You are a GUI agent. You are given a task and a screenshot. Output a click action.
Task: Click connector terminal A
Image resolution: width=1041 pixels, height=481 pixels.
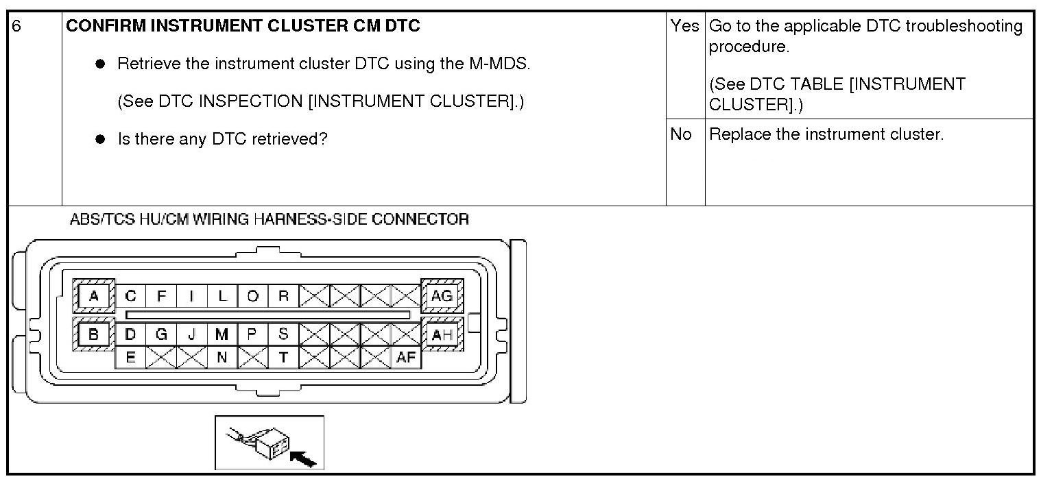point(94,296)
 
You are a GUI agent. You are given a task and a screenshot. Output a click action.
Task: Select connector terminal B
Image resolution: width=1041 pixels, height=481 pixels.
point(94,335)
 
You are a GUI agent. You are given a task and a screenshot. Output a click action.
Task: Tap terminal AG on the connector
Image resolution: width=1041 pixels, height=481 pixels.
point(442,296)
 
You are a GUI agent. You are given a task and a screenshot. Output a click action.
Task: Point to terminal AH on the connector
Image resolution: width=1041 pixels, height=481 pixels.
point(442,335)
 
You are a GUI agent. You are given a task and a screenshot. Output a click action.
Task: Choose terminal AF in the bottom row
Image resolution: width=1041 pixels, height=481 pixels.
point(406,357)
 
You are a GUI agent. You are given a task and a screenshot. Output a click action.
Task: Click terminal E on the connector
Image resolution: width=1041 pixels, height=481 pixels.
point(130,357)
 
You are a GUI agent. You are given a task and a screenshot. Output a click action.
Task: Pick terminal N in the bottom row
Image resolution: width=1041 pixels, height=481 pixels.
point(222,357)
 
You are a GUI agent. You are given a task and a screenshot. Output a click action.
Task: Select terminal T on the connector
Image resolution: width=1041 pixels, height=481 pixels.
point(283,357)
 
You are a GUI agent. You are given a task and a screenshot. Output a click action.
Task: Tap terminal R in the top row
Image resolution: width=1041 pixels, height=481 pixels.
point(283,296)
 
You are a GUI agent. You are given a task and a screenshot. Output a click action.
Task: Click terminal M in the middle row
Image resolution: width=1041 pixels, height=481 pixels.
point(222,334)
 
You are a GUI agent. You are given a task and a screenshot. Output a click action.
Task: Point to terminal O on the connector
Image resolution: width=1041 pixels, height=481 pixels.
point(252,296)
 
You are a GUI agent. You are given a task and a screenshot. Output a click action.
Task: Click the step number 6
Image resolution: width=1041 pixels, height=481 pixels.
point(17,26)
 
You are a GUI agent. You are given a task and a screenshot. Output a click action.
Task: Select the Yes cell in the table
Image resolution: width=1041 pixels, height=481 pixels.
point(684,26)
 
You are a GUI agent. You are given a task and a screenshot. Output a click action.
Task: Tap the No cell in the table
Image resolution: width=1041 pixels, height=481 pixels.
point(681,134)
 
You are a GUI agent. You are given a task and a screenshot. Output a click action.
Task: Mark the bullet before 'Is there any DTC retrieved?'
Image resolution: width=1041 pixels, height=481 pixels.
point(100,139)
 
